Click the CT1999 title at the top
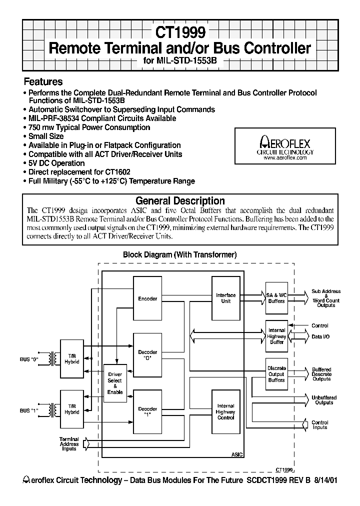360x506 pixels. (179, 32)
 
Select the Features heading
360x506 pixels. (43, 81)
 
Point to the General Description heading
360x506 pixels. (180, 201)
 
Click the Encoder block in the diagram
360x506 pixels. (147, 298)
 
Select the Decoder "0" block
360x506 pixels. (147, 355)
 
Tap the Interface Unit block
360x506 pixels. (226, 298)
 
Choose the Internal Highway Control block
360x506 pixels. (226, 412)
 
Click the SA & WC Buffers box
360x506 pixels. (276, 298)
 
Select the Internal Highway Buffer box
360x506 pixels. (276, 336)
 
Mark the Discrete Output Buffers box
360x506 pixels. (276, 374)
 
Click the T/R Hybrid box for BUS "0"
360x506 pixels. (71, 358)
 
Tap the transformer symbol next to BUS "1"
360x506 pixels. (51, 410)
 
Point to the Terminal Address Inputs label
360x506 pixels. (69, 444)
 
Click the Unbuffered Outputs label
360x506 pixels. (324, 400)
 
